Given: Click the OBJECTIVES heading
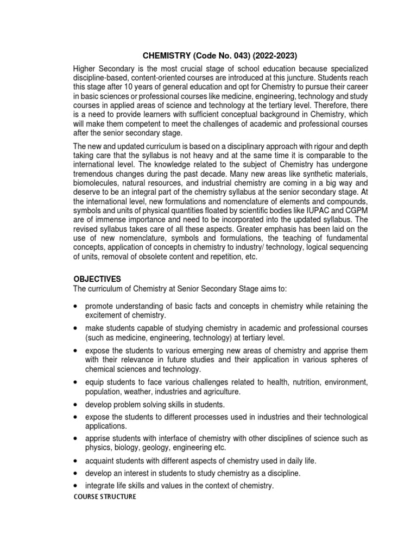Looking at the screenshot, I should pyautogui.click(x=98, y=278).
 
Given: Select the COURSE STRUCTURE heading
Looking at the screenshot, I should pyautogui.click(x=104, y=497).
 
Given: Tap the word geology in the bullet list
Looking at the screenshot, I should pyautogui.click(x=147, y=448).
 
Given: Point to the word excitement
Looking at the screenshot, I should pyautogui.click(x=107, y=315).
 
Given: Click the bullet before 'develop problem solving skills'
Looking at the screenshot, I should pyautogui.click(x=75, y=405).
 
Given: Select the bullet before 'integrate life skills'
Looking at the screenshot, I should pyautogui.click(x=75, y=485).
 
